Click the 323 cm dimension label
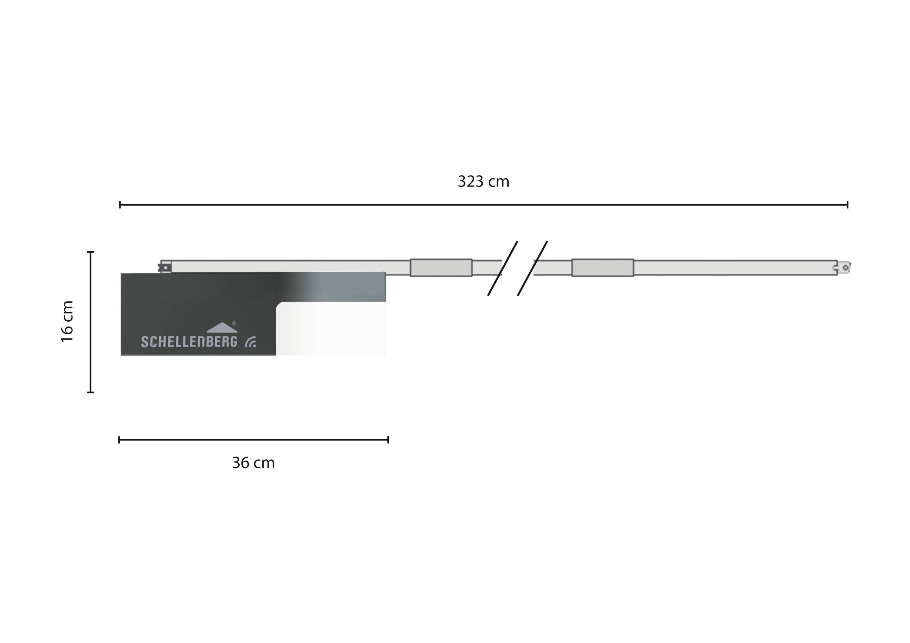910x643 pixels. [483, 182]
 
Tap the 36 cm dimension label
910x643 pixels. [253, 463]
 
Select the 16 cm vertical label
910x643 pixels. [67, 321]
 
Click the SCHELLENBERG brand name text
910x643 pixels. [189, 341]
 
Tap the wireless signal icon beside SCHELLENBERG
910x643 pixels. [251, 342]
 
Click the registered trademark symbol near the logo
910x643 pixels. [234, 324]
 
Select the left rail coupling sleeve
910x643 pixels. [441, 268]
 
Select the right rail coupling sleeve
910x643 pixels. [602, 268]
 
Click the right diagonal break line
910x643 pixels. [532, 269]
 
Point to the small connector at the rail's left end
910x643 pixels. [165, 267]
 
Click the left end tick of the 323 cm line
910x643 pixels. [120, 205]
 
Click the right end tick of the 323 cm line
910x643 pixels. [848, 205]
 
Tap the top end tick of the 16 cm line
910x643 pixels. [90, 252]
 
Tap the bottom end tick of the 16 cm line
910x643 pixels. [90, 392]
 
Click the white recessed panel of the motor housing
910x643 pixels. [331, 329]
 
